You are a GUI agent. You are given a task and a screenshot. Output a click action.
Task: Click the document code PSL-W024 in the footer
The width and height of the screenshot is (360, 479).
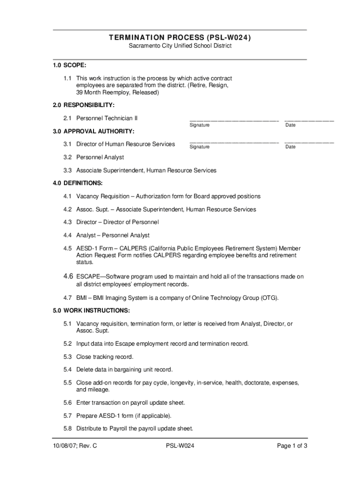[x=180, y=446]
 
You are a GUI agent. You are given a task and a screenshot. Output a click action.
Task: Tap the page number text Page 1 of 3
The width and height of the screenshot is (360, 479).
[x=292, y=446]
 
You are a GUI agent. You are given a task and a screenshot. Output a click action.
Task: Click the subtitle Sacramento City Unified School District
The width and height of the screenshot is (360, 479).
[x=180, y=46]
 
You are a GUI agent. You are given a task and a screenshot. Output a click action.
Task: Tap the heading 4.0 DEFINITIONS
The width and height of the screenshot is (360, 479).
[x=78, y=183]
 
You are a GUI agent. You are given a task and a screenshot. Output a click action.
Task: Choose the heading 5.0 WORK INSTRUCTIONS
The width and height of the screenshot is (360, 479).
[x=91, y=311]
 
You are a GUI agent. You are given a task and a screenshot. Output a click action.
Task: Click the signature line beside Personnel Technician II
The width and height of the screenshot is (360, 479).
[x=234, y=121]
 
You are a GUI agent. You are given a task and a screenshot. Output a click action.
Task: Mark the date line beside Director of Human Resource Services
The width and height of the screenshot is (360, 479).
[x=309, y=142]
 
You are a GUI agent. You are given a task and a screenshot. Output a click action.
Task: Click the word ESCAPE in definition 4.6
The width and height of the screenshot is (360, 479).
[x=88, y=277]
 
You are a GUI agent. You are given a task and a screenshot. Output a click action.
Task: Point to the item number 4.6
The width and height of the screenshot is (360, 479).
[x=68, y=276]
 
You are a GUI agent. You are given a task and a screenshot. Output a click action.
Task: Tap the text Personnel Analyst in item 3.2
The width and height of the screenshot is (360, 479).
[x=100, y=157]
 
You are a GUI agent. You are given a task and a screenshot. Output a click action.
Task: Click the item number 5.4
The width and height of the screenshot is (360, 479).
[x=68, y=370]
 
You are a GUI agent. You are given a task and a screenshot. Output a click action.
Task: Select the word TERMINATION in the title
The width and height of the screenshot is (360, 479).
[x=136, y=37]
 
